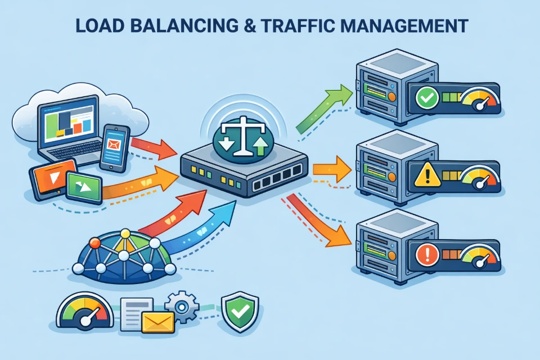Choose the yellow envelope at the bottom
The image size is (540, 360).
point(158,323)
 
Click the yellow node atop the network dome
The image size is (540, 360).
point(125,233)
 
